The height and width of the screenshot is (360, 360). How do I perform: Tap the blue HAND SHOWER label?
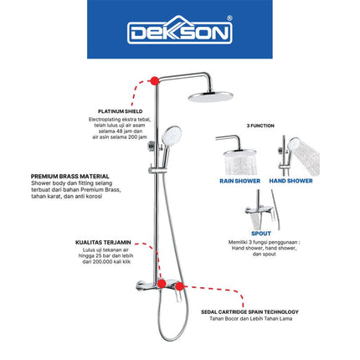point(290,180)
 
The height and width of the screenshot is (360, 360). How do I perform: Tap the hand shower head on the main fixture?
point(173,134)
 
